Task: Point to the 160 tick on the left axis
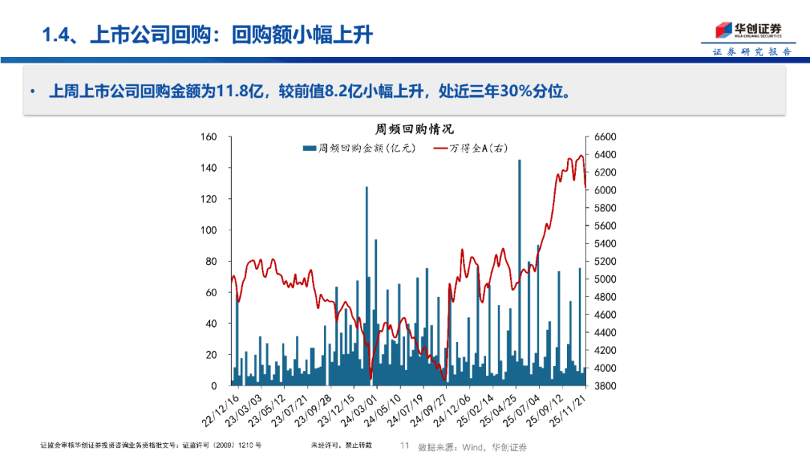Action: [208, 137]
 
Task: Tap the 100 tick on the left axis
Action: [208, 230]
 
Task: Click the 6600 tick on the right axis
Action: [604, 137]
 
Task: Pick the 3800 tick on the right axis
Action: [604, 386]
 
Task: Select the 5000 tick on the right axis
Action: [604, 280]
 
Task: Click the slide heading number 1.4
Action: [54, 35]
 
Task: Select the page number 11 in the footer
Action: [403, 445]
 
